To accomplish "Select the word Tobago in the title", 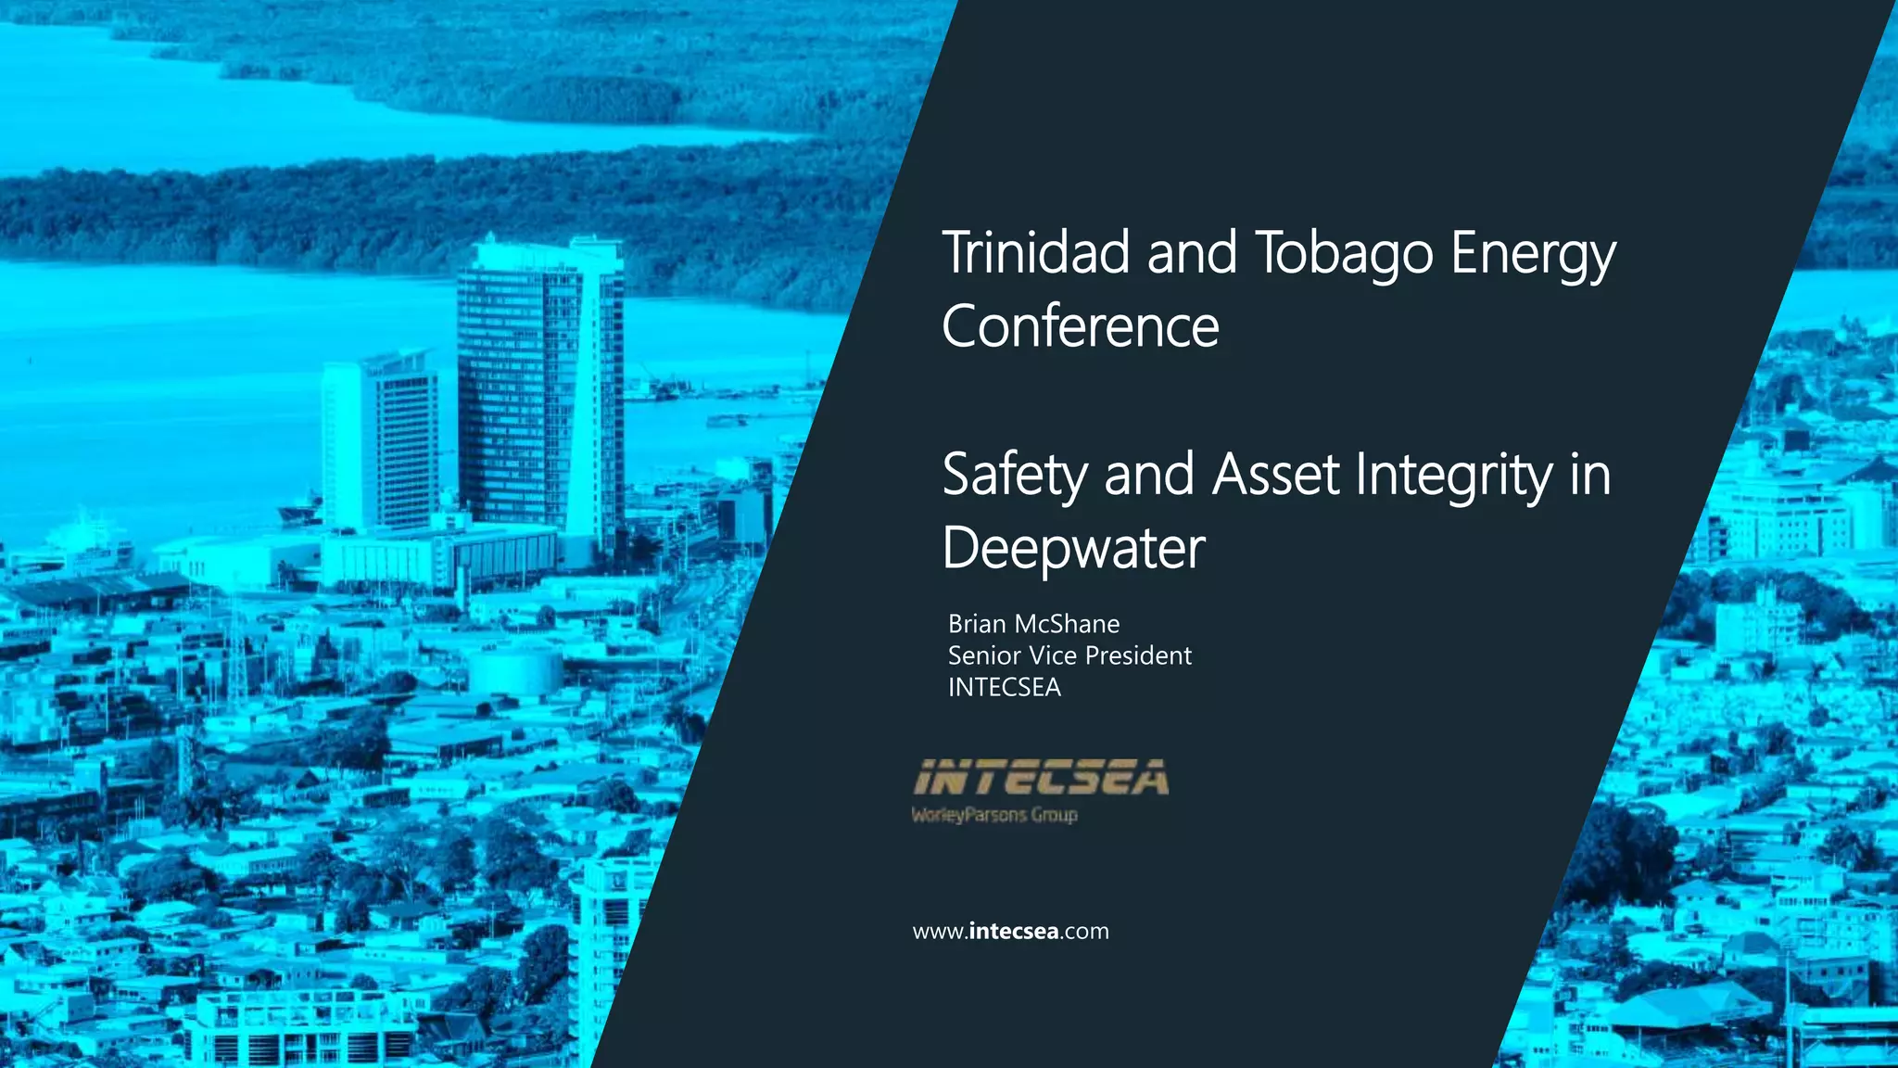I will (x=1345, y=254).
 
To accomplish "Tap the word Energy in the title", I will (x=1534, y=254).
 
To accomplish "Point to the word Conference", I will (x=1081, y=326).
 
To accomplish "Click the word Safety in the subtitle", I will (x=1015, y=475).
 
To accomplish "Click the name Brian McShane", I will (x=1033, y=624).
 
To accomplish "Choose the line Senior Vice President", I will (x=1069, y=655).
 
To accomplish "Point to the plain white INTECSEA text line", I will (x=1004, y=687).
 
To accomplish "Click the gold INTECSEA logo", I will (x=1041, y=778).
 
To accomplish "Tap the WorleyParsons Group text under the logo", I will (x=994, y=815).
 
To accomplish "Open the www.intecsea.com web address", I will (x=1010, y=931).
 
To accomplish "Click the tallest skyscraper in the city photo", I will (x=538, y=389).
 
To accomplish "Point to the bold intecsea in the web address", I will (x=1013, y=931).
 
